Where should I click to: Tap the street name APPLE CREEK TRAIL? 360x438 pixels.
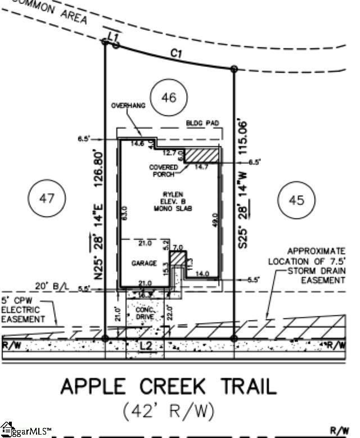point(169,386)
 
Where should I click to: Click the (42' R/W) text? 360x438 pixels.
point(169,412)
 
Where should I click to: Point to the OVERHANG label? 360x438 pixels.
point(128,106)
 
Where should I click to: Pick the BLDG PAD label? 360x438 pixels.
point(201,123)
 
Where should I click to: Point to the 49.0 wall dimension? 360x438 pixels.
point(214,219)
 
